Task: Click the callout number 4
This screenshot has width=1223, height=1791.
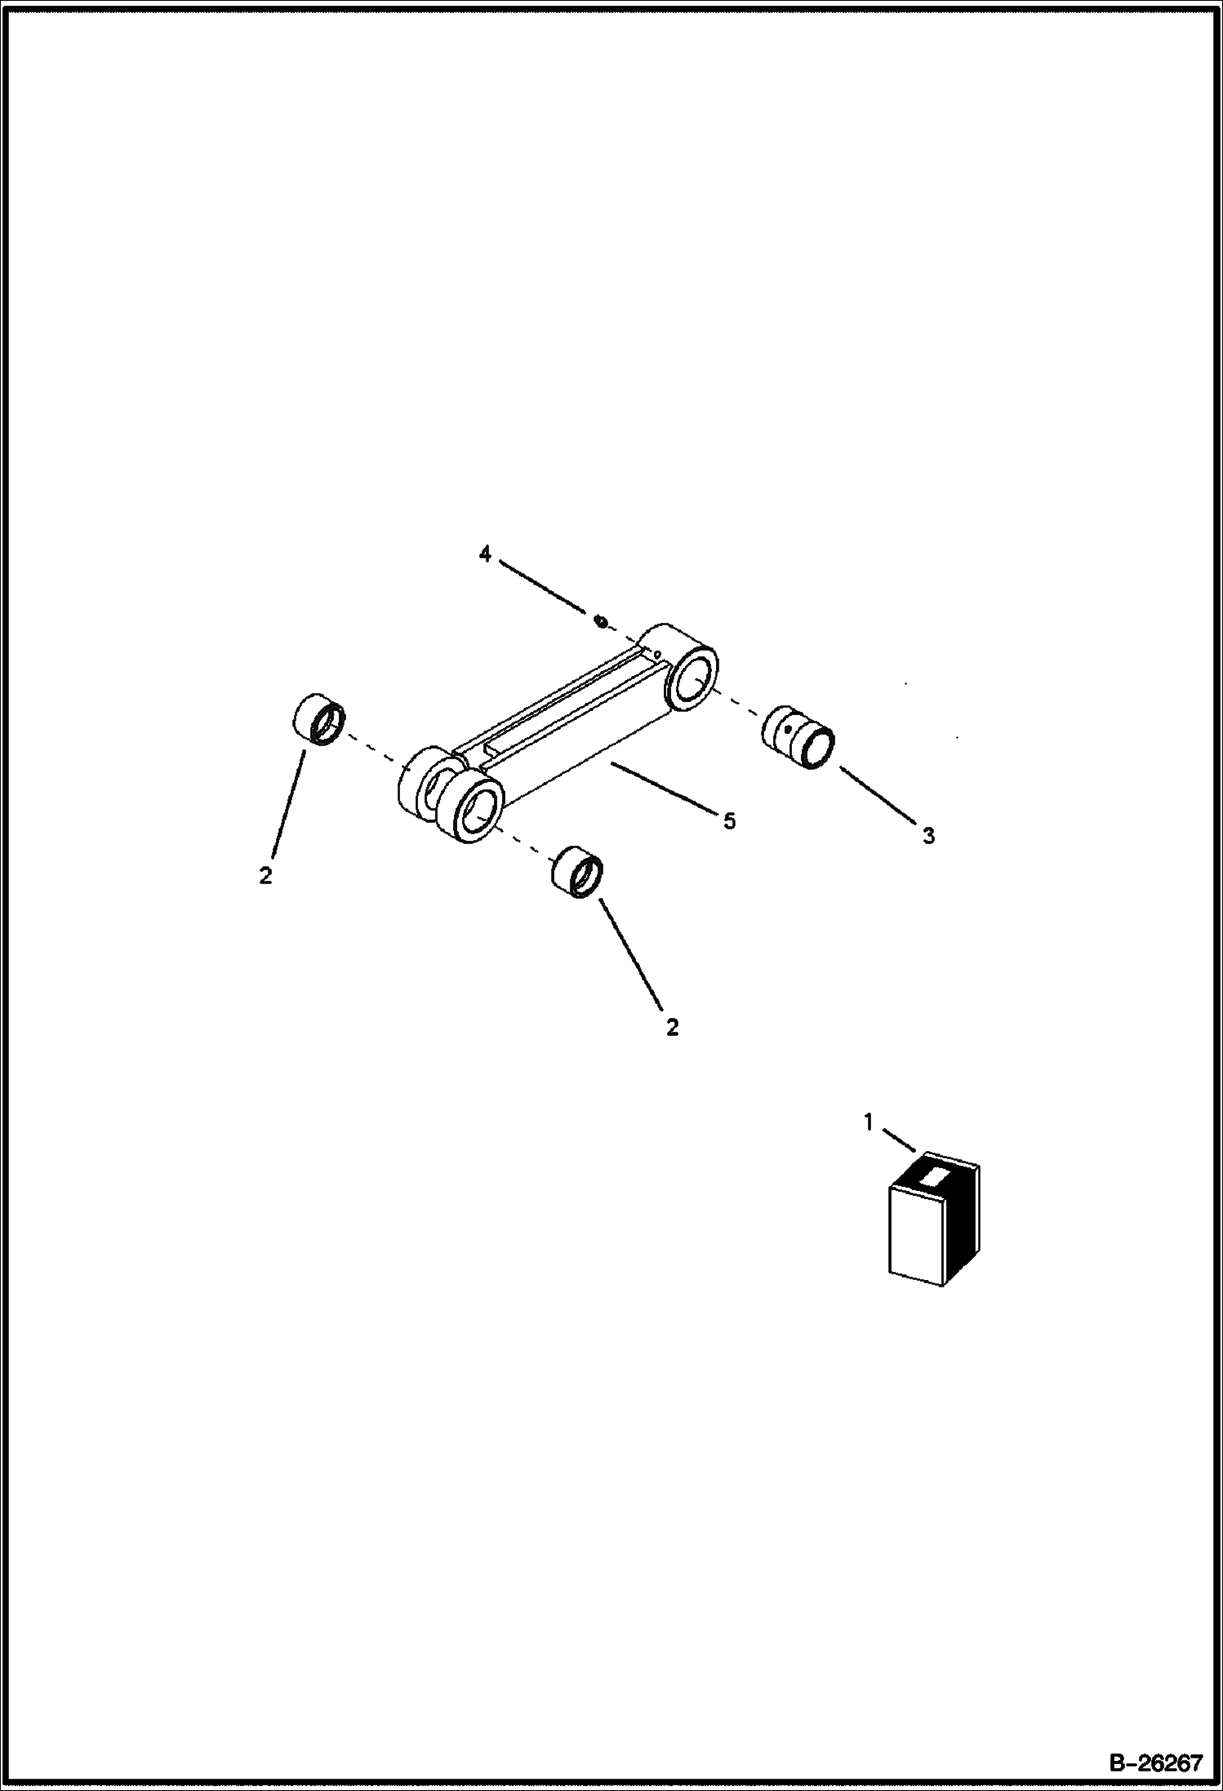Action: [x=485, y=554]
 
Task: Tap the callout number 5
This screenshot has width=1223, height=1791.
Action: [x=729, y=820]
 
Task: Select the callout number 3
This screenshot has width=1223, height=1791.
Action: [x=928, y=835]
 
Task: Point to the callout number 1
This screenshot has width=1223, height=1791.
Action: [x=869, y=1123]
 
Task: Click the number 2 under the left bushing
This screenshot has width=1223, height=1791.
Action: [x=265, y=877]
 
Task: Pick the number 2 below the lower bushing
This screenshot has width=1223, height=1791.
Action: [x=672, y=1028]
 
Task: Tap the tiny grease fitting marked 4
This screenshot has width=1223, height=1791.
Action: [x=601, y=623]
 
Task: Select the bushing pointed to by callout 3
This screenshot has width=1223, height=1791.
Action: [x=798, y=737]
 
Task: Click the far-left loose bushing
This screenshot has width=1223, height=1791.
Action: [x=318, y=719]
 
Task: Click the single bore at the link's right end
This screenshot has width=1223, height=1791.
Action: [x=693, y=676]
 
